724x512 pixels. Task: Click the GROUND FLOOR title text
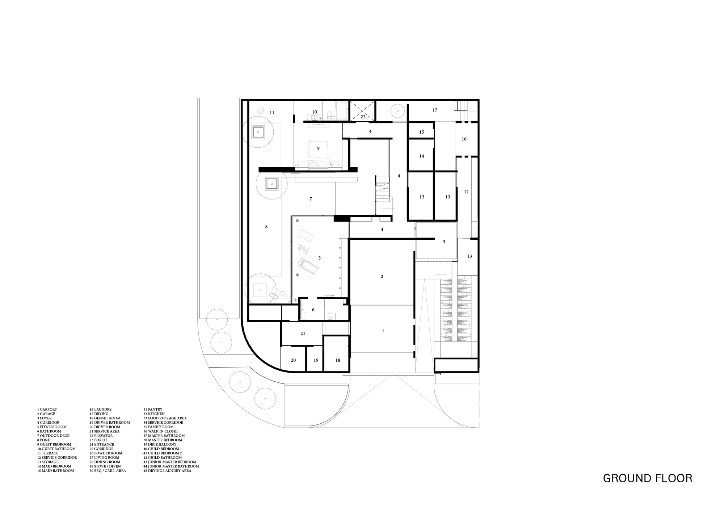click(x=647, y=478)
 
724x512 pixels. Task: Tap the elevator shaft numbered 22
click(x=363, y=111)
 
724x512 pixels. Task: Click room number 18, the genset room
click(x=338, y=360)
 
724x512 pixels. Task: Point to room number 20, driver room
click(x=293, y=360)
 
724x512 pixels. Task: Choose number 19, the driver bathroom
click(x=316, y=360)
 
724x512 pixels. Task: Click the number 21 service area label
click(x=303, y=333)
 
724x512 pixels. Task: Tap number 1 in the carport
click(x=383, y=331)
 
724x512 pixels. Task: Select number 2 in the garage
click(x=382, y=277)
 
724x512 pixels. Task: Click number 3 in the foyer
click(x=444, y=242)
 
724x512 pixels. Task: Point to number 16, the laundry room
click(x=464, y=139)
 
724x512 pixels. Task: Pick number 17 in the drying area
click(x=435, y=110)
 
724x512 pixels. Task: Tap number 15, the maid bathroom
click(x=422, y=132)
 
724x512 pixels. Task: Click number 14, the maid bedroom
click(x=422, y=156)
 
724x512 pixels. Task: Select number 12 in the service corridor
click(x=466, y=192)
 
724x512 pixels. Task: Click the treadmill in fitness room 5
click(x=308, y=266)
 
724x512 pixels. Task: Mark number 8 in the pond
click(x=266, y=227)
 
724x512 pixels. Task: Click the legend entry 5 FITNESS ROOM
click(x=52, y=427)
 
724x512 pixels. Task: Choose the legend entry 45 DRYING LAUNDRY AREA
click(x=167, y=471)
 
